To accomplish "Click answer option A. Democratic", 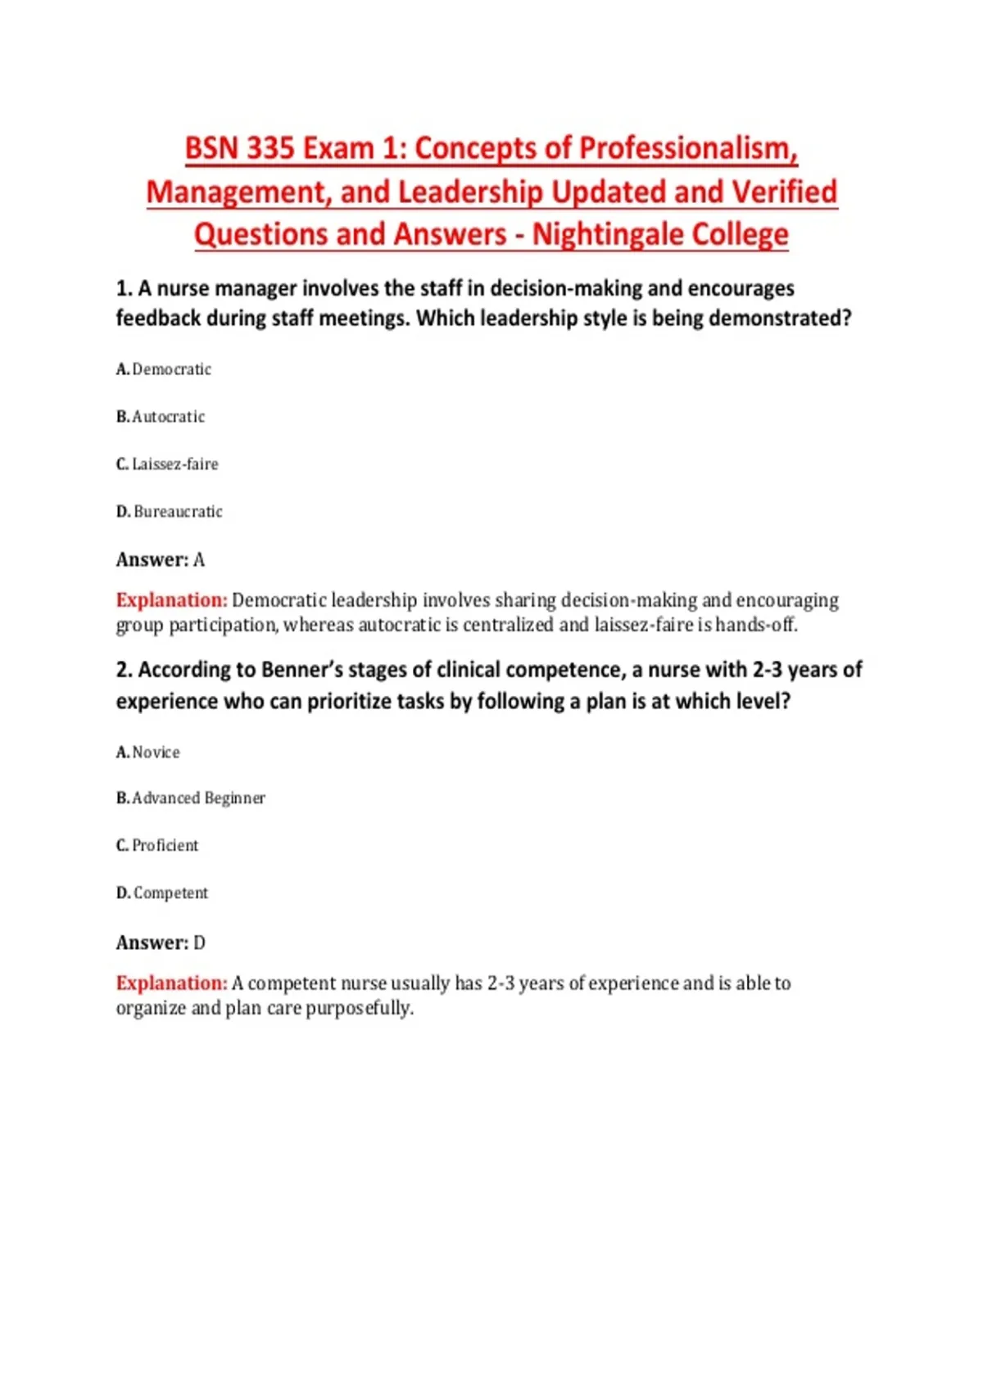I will [164, 369].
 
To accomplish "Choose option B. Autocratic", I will [161, 417].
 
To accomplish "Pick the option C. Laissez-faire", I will [167, 464].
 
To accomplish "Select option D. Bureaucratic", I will [170, 512].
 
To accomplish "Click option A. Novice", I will [148, 752].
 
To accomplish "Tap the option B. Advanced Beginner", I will [191, 798].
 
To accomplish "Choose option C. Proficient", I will [157, 846].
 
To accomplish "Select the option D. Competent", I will [162, 893].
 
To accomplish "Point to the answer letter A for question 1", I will [199, 560].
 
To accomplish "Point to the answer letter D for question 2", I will [199, 943].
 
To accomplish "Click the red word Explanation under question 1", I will [171, 600].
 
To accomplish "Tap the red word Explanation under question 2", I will [171, 983].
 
